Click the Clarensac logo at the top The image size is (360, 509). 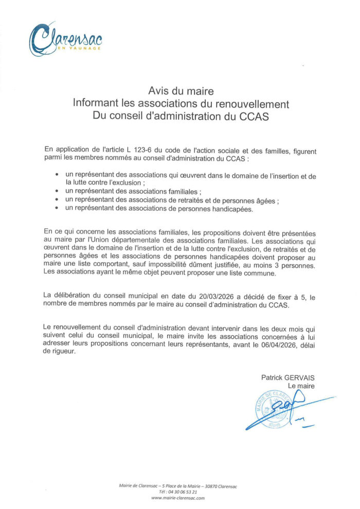[x=64, y=39]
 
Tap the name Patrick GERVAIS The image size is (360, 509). [x=287, y=377]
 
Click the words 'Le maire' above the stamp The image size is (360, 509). [x=301, y=385]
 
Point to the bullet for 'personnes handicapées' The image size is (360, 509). [x=57, y=208]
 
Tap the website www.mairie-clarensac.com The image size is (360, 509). [x=178, y=498]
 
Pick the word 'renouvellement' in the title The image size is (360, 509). [x=251, y=104]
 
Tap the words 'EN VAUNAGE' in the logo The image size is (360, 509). [x=82, y=48]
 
